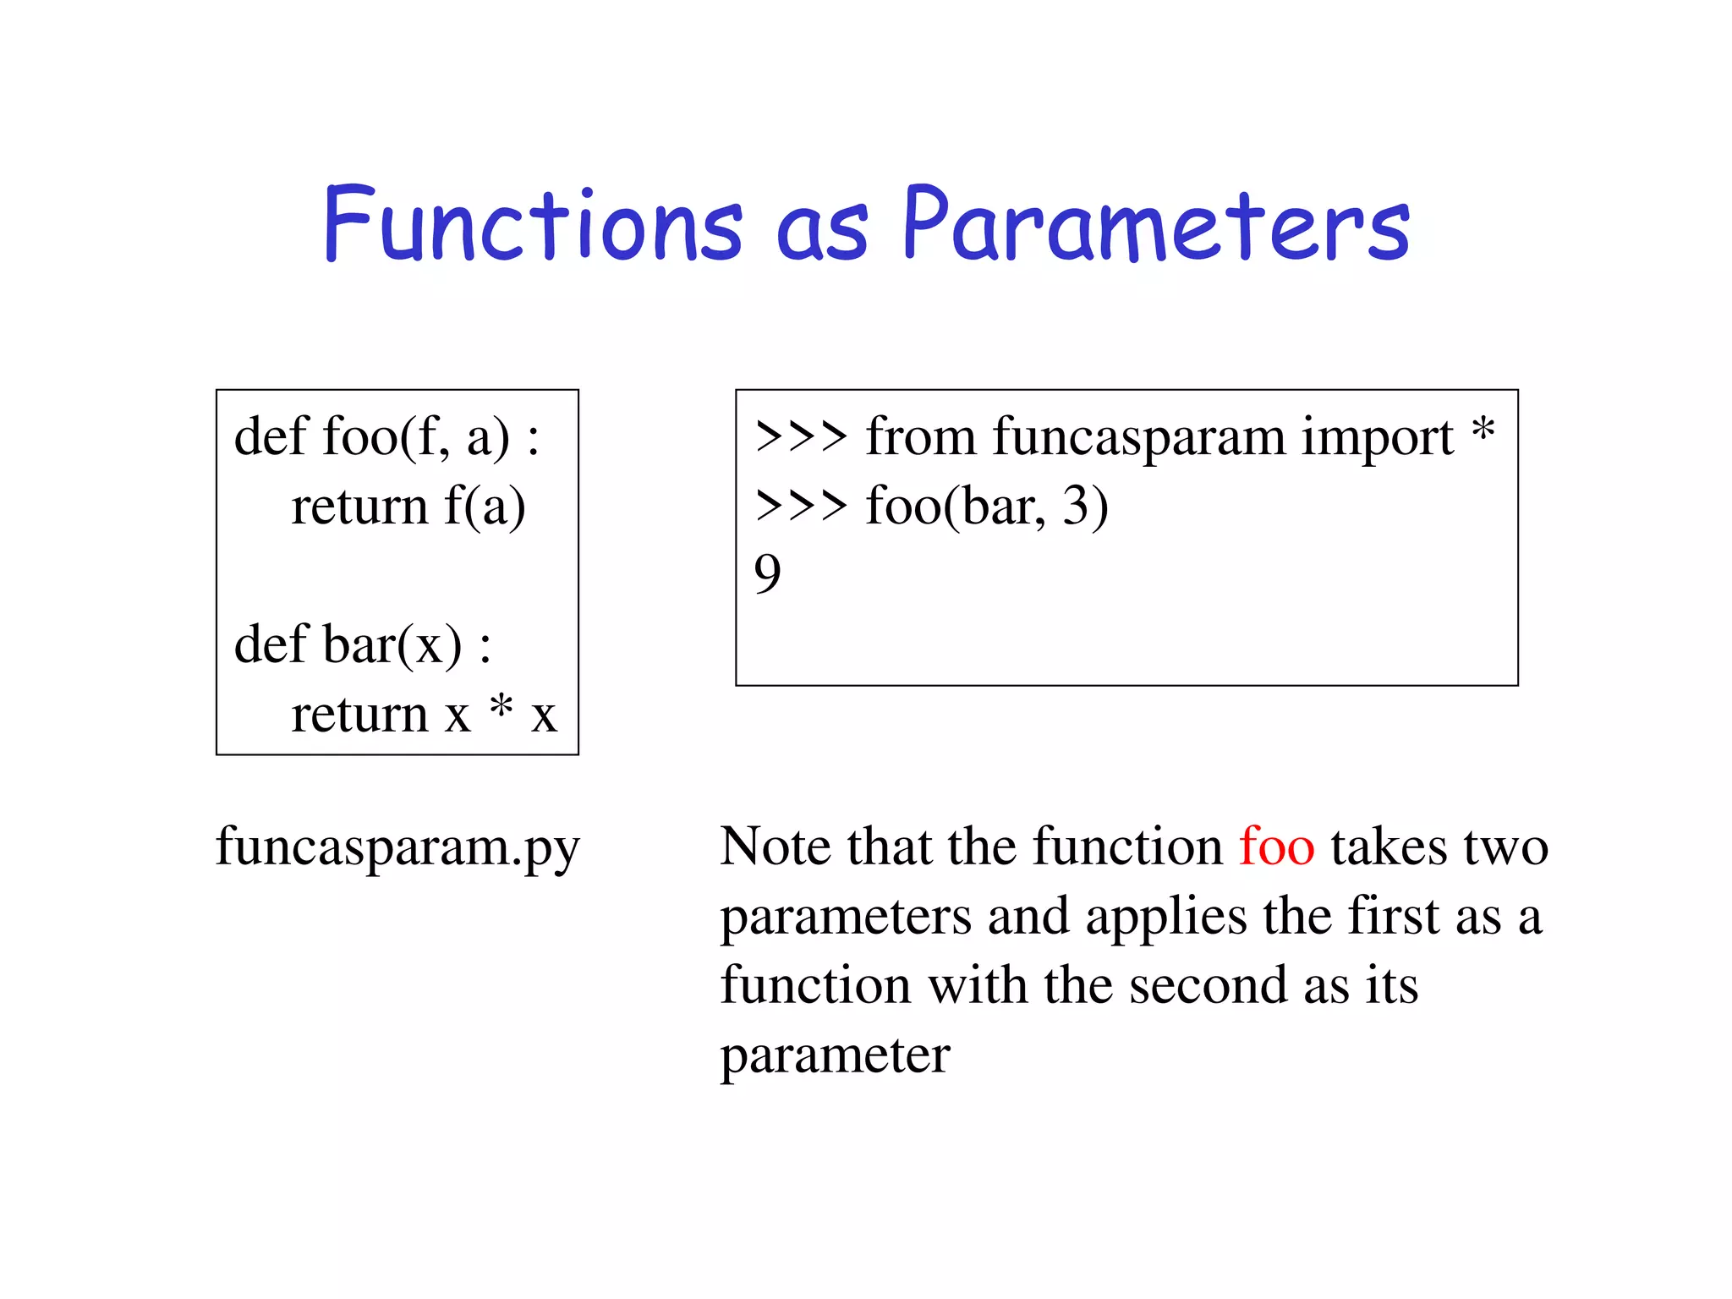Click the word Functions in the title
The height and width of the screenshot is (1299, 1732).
pos(533,224)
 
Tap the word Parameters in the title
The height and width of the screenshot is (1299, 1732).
pos(1156,224)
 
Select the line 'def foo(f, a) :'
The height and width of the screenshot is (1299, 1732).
pos(386,437)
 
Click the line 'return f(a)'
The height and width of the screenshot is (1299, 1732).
pos(408,507)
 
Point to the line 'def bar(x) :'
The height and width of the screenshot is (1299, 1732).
pos(362,645)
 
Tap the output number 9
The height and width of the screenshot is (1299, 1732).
pos(767,575)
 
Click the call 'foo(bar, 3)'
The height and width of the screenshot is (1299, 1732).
pos(986,507)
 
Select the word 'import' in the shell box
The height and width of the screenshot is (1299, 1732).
pos(1377,439)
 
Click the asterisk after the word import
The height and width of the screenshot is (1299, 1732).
pos(1483,431)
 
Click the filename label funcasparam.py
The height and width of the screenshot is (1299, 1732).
pos(397,847)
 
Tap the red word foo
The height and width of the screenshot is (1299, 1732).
pos(1276,847)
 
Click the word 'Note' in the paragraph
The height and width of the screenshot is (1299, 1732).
pos(776,847)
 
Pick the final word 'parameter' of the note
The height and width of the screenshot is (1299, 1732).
pos(835,1056)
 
